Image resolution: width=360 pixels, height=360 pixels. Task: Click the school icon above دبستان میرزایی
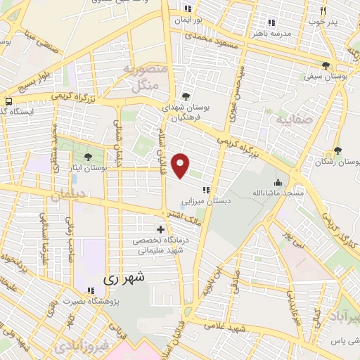[x=206, y=189]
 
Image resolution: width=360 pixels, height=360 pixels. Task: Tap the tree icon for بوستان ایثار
[x=88, y=157]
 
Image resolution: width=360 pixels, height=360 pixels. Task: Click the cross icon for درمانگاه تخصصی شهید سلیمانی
[x=161, y=229]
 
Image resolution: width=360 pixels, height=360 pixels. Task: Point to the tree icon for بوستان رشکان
[x=337, y=151]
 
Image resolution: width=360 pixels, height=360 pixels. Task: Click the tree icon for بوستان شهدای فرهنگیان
[x=186, y=96]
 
